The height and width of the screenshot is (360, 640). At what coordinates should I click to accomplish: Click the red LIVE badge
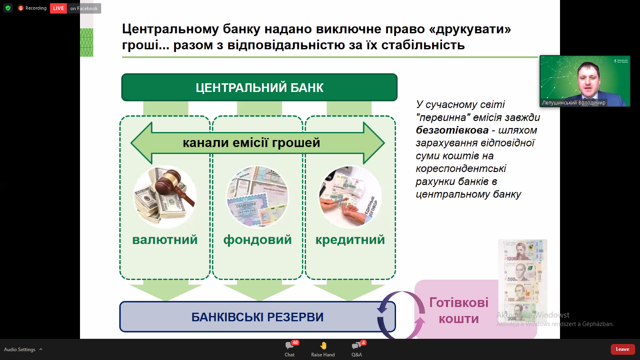58,8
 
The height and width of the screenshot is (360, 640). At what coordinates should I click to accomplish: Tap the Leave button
622,349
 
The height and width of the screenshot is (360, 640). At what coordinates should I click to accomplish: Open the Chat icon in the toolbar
290,346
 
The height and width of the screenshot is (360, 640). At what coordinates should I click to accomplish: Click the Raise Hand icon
323,346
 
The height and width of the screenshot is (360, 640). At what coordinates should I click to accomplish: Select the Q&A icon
356,346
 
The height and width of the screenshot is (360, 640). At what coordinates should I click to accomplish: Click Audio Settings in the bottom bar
20,350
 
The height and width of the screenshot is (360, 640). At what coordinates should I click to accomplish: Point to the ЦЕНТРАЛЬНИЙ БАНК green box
259,87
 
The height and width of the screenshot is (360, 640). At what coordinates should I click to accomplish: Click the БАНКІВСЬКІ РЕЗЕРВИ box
257,317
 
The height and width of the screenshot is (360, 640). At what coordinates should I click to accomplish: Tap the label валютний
165,240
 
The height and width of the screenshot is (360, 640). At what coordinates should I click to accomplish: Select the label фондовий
258,240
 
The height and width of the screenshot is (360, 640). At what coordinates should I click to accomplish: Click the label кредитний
350,240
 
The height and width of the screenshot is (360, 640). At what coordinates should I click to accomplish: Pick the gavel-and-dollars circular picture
165,197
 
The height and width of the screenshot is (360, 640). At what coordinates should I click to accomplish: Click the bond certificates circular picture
257,197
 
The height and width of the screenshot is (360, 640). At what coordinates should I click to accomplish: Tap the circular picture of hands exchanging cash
350,197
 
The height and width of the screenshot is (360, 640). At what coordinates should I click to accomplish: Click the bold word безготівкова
452,130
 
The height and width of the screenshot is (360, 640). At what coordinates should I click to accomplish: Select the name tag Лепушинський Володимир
574,103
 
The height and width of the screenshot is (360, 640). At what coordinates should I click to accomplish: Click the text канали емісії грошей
251,143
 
